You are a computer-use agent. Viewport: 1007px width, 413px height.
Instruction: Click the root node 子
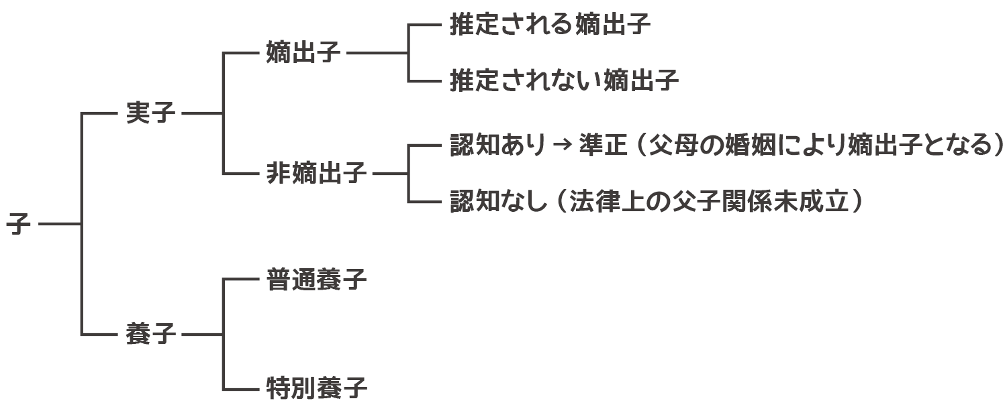[x=18, y=224]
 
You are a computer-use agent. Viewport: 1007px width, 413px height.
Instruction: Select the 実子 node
[x=150, y=113]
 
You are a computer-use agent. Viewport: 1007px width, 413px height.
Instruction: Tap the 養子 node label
[x=150, y=334]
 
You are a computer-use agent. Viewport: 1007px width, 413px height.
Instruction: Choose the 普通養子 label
[x=316, y=279]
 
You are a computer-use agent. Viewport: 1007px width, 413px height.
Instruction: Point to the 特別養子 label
[x=316, y=388]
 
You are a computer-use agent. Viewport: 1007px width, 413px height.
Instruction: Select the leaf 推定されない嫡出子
[x=564, y=81]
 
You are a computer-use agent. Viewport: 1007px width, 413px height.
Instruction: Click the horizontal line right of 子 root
[x=60, y=224]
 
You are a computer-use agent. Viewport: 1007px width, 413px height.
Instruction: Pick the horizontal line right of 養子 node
[x=201, y=334]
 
